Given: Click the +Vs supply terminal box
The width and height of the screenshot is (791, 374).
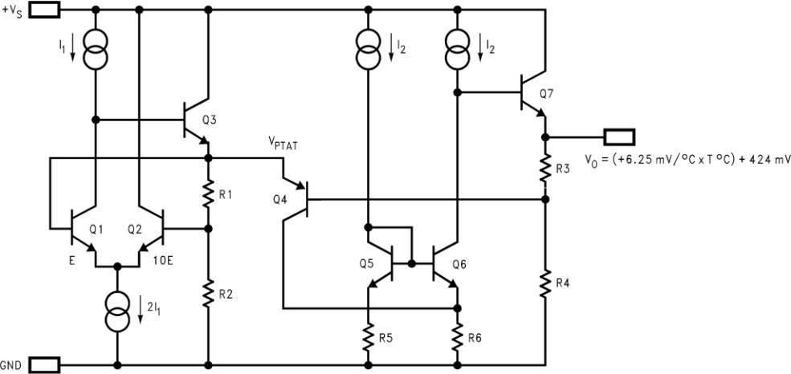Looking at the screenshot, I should click(x=45, y=10).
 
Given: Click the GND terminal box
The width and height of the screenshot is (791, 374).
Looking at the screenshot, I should click(x=43, y=364).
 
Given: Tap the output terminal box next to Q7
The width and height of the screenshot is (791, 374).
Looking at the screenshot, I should click(x=619, y=136).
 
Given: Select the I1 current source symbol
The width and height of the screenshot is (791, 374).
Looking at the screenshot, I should click(x=96, y=52).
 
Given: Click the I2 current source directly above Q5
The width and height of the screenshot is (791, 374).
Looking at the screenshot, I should click(x=368, y=52).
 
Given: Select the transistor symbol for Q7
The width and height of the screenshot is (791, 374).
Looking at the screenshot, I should click(x=532, y=93).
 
